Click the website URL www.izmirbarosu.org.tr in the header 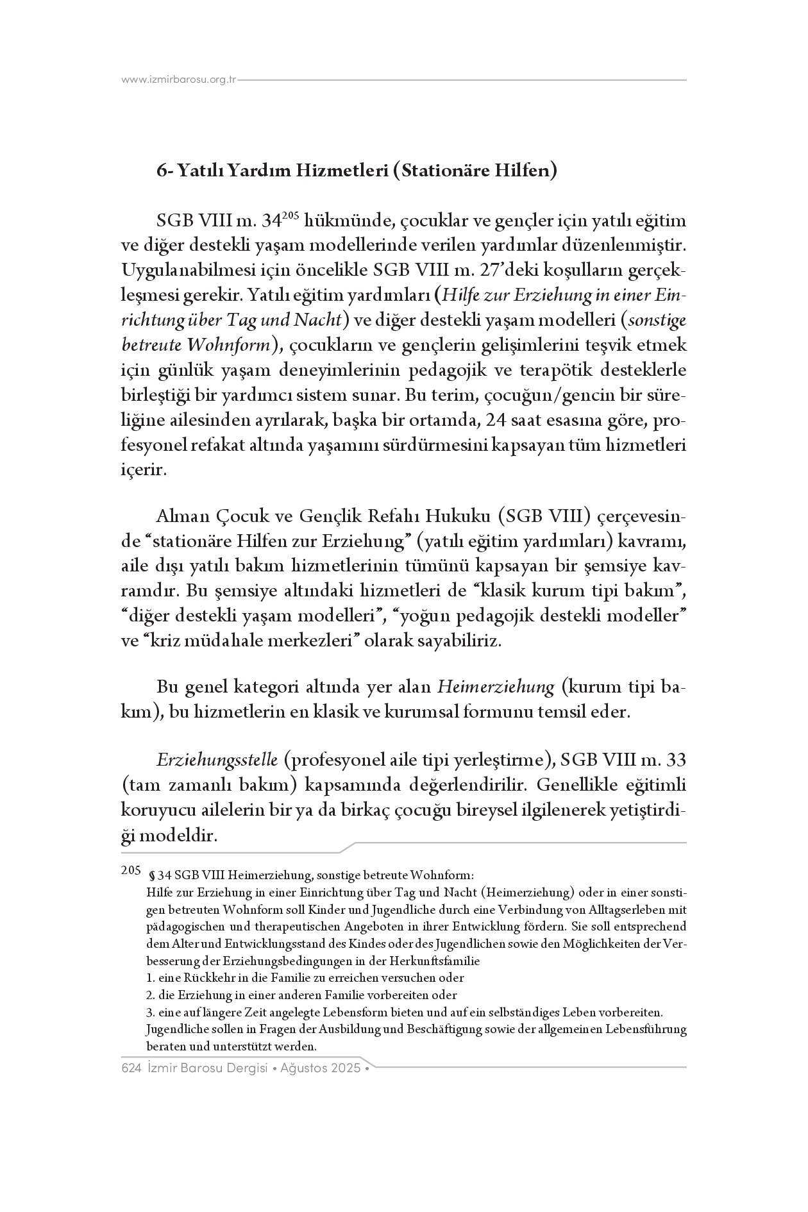coord(179,80)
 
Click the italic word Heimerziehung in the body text coord(496,687)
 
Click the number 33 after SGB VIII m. coord(677,760)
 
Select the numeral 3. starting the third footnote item coord(150,1013)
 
